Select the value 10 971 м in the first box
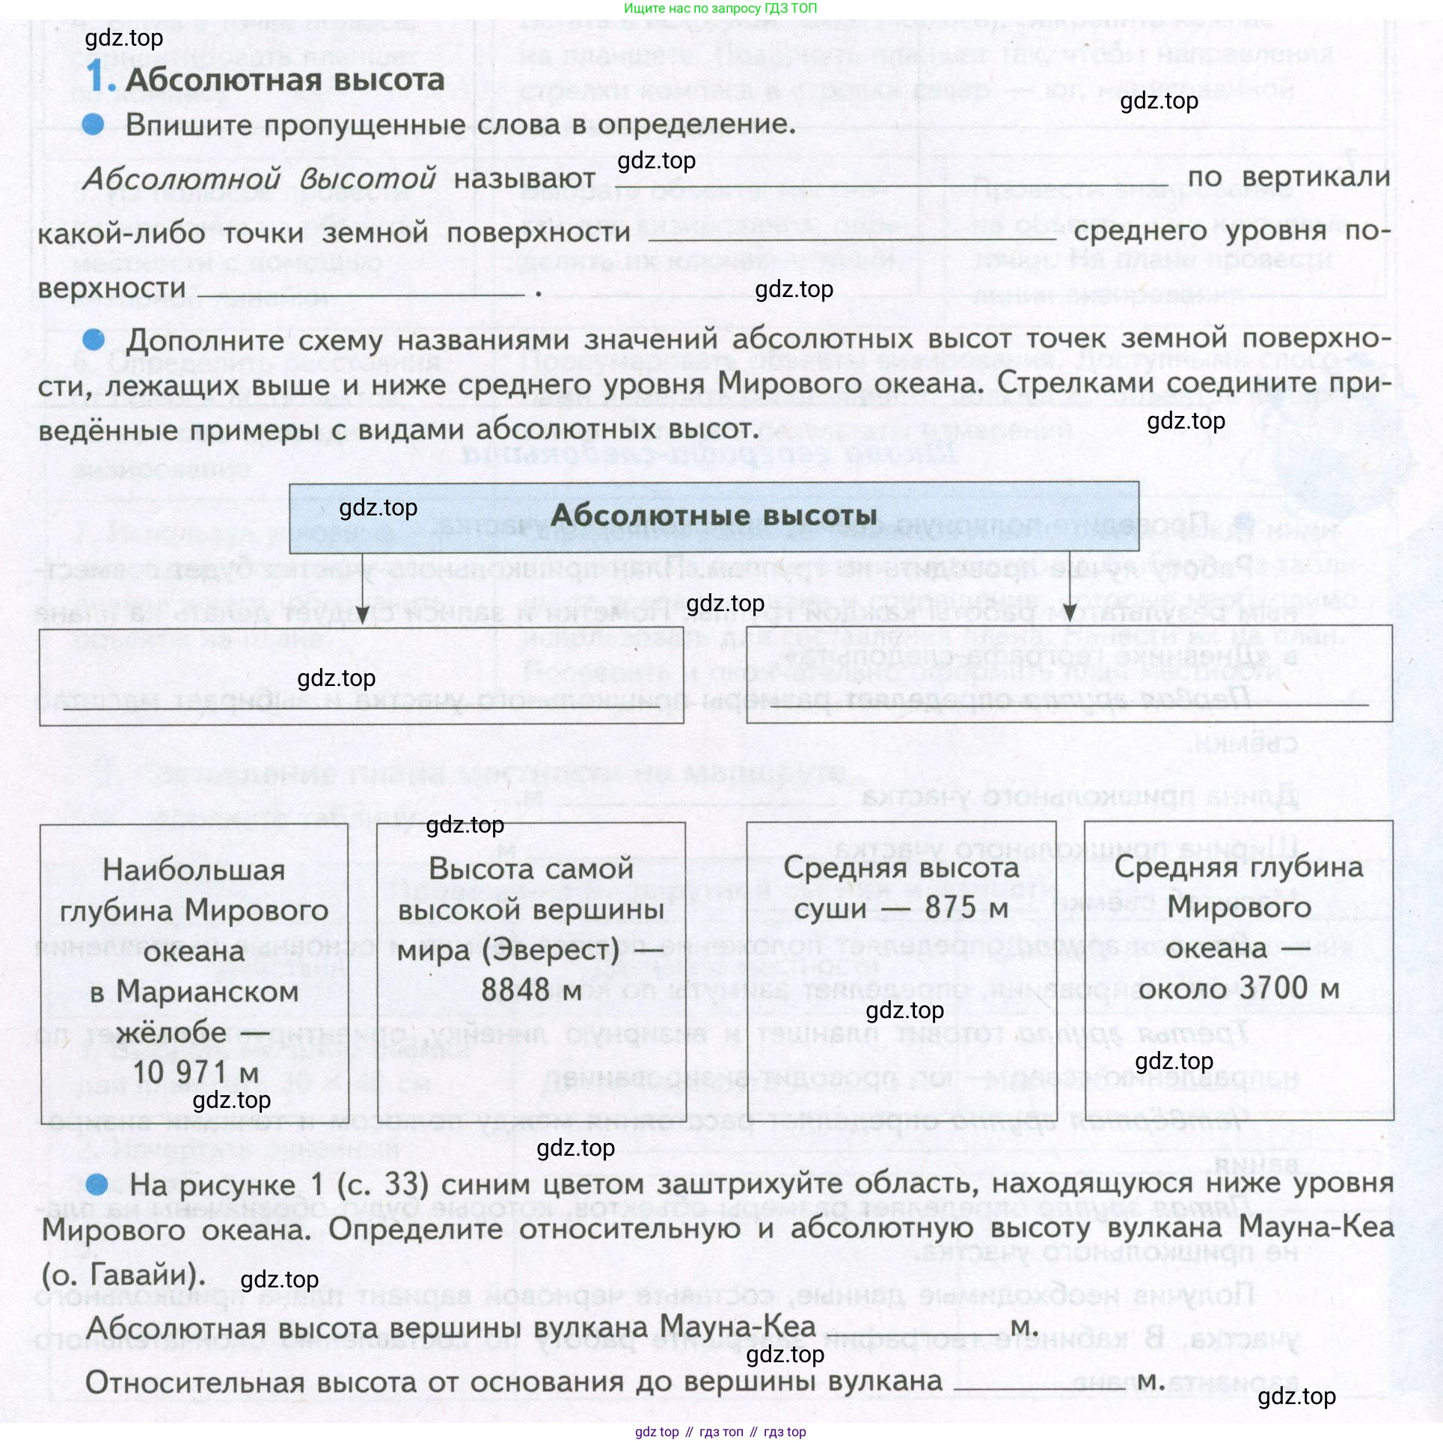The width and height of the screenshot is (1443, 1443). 196,1072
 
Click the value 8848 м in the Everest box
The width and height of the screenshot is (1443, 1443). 531,990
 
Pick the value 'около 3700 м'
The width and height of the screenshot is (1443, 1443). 1239,988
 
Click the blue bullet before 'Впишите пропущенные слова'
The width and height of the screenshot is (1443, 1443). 94,124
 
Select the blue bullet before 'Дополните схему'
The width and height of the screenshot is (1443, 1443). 94,340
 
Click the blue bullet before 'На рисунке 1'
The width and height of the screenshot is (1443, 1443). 97,1184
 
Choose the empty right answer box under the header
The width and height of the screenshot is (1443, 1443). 1069,673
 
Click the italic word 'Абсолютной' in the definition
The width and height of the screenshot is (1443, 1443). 181,179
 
